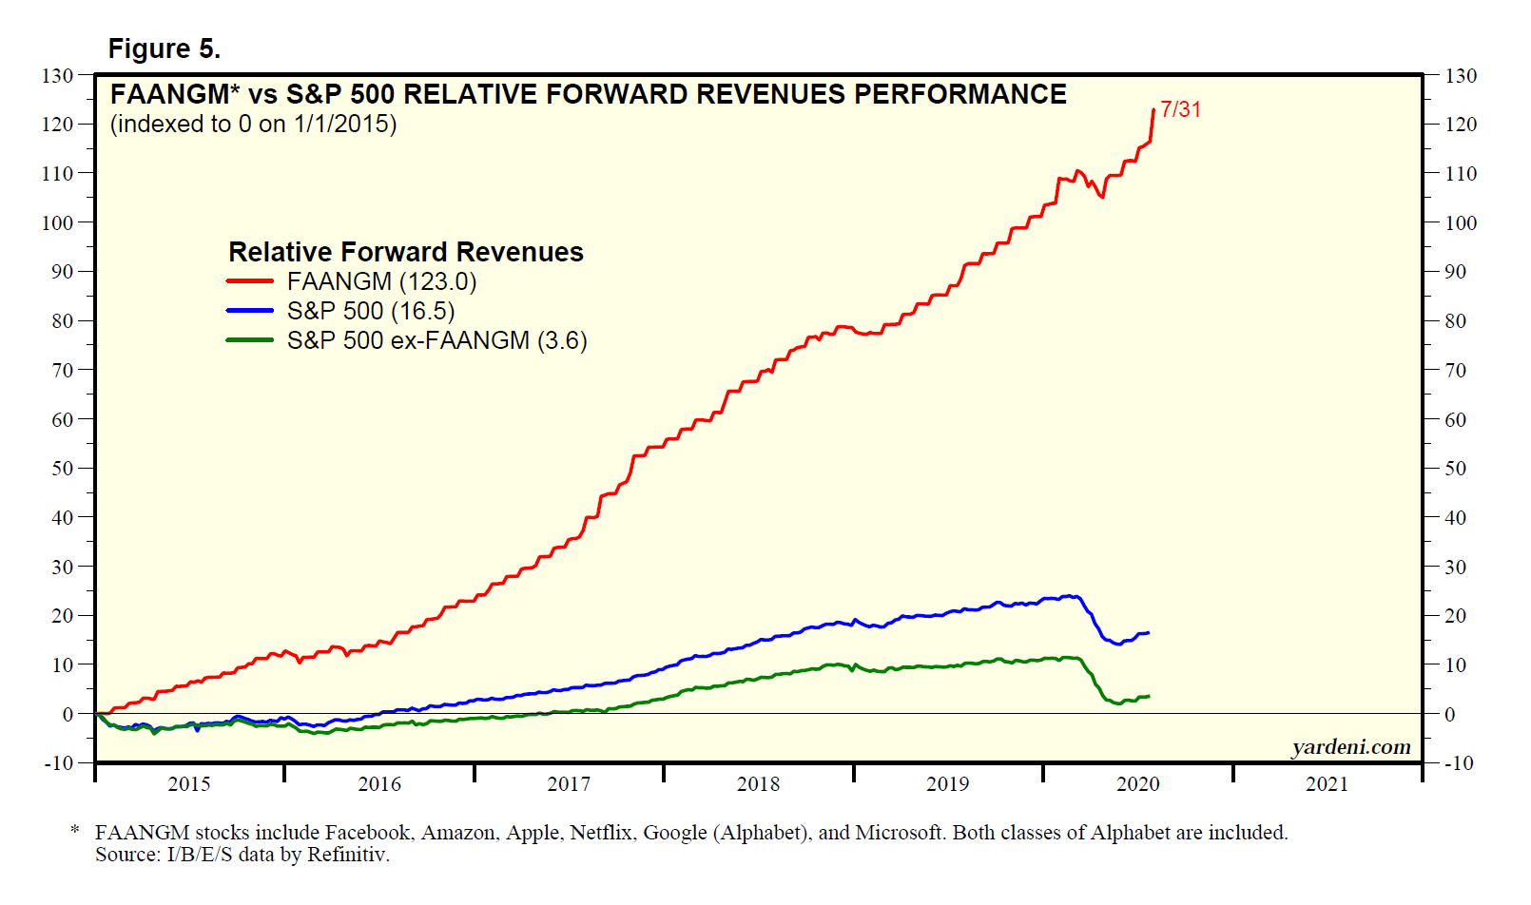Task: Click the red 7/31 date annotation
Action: coord(1180,109)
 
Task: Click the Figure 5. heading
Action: coord(164,48)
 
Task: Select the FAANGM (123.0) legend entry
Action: coord(381,281)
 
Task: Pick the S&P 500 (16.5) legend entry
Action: coord(371,311)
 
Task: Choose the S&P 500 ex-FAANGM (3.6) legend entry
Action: coord(436,340)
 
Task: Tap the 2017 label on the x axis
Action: coord(569,784)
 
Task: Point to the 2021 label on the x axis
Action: coord(1327,784)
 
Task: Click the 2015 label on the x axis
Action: coord(189,784)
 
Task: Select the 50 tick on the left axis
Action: coord(62,468)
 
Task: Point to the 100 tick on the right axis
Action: coord(1461,222)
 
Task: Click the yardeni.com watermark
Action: coord(1350,747)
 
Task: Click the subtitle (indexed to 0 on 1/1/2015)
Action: coord(253,124)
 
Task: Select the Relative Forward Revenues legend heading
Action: coord(406,252)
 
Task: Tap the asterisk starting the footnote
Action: coord(75,831)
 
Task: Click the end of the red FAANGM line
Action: coord(1153,109)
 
